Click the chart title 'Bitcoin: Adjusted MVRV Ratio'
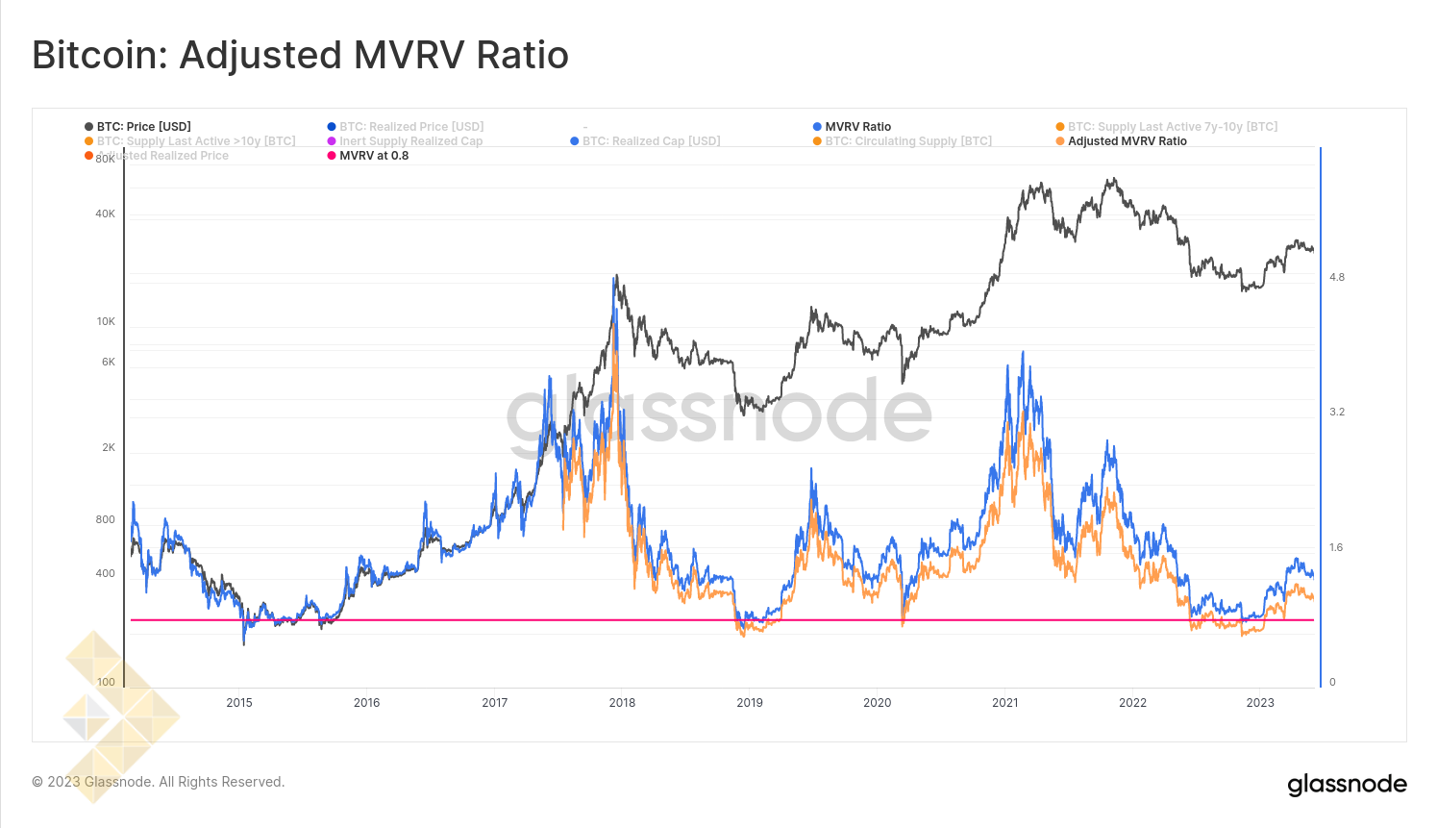point(300,55)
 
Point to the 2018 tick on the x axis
point(622,703)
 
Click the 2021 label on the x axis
point(1004,703)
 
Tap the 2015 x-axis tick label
point(239,703)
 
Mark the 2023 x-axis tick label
point(1259,703)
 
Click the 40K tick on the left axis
point(105,213)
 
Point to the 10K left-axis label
point(106,321)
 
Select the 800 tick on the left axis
point(105,519)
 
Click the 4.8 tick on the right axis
point(1337,277)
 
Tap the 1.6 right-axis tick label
point(1336,547)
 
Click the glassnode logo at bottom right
point(1347,785)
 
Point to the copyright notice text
point(159,782)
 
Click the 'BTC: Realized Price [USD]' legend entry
point(410,127)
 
